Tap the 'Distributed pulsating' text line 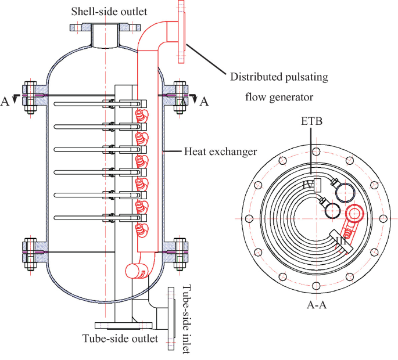click(279, 77)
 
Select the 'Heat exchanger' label click(220, 152)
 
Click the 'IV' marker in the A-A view click(309, 185)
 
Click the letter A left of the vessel click(5, 102)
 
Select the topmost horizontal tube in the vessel click(81, 104)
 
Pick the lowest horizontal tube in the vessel click(81, 217)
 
